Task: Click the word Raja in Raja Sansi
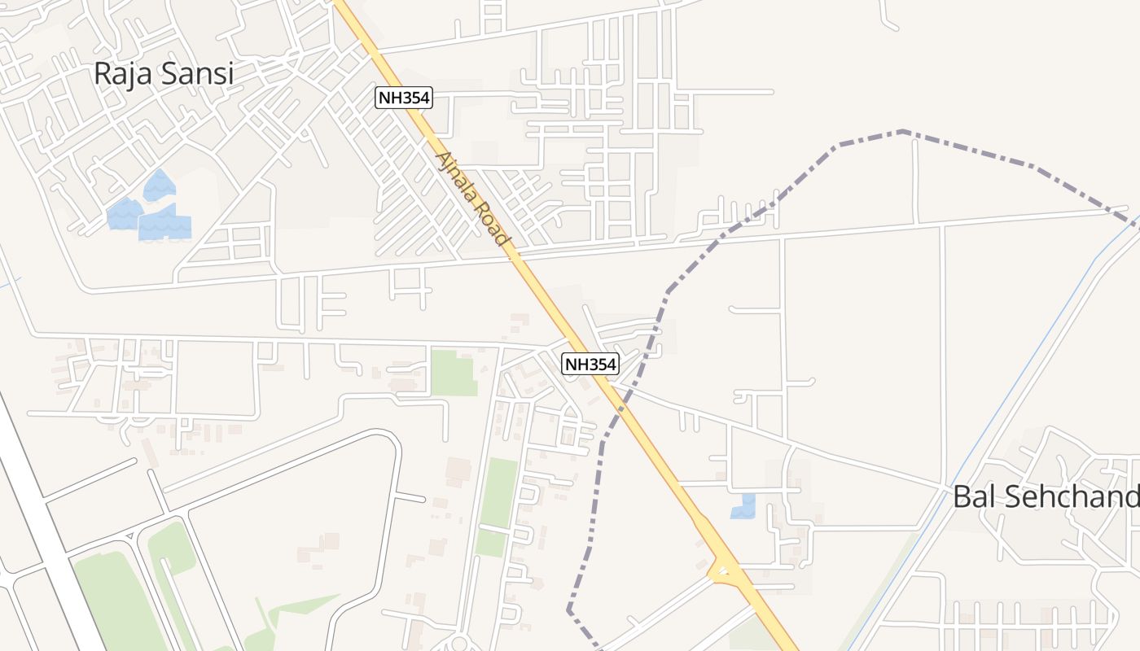click(x=122, y=73)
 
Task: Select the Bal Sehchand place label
click(x=1046, y=497)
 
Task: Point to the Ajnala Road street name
click(x=473, y=199)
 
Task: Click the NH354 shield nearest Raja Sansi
click(x=403, y=98)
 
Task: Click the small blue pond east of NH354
click(x=743, y=506)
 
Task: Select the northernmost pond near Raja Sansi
click(x=160, y=186)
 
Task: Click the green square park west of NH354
click(x=453, y=373)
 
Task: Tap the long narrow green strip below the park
click(x=498, y=492)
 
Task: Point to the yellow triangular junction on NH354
click(x=721, y=573)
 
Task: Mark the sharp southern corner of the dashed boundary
click(x=569, y=608)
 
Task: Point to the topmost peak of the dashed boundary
click(x=902, y=131)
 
